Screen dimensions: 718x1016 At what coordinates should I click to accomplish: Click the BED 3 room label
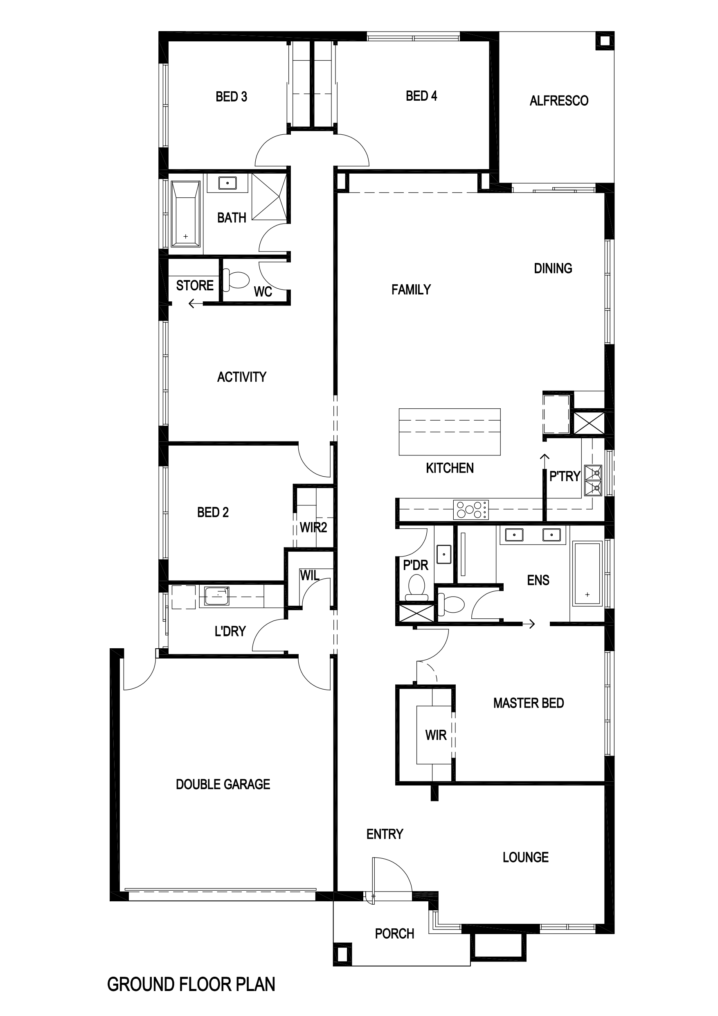(x=231, y=97)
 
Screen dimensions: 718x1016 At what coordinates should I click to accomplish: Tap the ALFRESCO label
(x=559, y=101)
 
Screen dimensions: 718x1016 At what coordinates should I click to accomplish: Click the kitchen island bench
(x=450, y=432)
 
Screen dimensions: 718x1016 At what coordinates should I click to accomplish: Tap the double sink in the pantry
(x=593, y=480)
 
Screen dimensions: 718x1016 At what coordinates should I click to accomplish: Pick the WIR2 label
(x=313, y=527)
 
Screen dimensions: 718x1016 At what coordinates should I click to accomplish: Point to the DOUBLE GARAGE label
(x=223, y=785)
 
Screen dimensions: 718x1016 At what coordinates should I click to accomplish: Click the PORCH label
(x=394, y=934)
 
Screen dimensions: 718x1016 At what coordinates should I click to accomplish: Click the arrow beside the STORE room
(x=196, y=303)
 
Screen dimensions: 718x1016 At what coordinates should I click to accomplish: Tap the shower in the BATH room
(x=269, y=197)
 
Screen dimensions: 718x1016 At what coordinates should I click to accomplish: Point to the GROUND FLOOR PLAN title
(x=191, y=984)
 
